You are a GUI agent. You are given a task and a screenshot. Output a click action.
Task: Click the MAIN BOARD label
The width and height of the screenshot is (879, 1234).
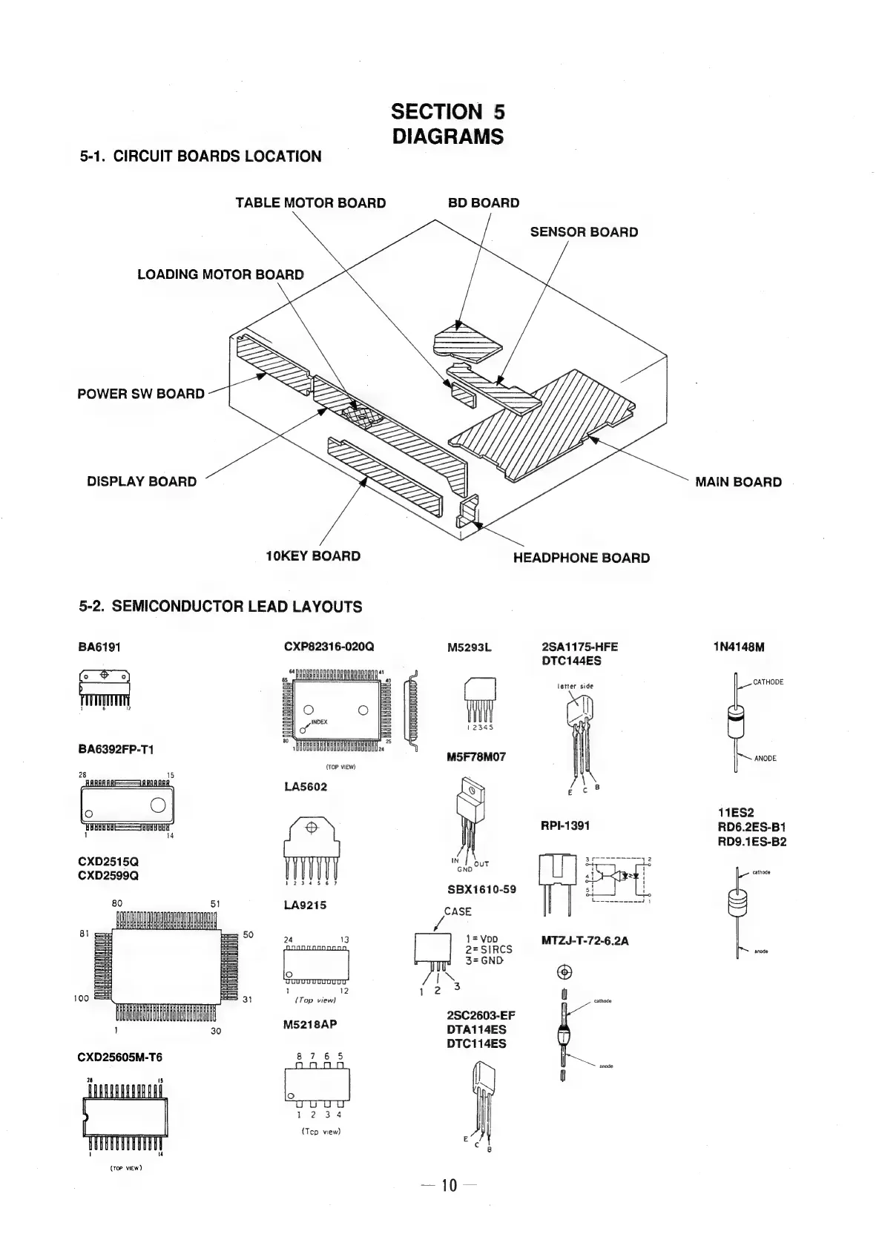click(x=737, y=482)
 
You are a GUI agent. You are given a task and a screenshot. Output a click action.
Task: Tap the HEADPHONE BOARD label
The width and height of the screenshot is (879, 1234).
click(x=581, y=558)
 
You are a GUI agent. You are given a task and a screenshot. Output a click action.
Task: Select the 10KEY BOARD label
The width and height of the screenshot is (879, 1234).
click(x=313, y=556)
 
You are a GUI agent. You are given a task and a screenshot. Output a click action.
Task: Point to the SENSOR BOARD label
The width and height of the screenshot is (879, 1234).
click(x=584, y=232)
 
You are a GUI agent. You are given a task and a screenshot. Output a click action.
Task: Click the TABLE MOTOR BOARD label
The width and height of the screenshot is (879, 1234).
click(x=310, y=203)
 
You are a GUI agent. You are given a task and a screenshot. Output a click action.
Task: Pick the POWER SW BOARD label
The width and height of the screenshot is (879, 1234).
click(x=141, y=394)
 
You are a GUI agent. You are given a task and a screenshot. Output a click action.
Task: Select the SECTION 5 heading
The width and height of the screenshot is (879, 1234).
click(x=448, y=112)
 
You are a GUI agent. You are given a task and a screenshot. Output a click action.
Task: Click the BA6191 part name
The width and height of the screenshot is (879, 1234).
click(x=99, y=647)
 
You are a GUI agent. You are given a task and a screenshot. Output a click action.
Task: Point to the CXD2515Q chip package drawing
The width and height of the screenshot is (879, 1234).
click(x=166, y=965)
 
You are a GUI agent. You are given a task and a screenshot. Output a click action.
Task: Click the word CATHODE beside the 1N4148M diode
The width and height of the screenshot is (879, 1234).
click(x=768, y=682)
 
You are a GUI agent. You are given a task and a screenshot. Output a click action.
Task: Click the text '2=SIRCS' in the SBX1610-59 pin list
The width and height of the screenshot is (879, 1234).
click(x=488, y=949)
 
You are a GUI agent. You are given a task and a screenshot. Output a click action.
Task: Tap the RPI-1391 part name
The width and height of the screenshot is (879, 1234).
click(x=565, y=826)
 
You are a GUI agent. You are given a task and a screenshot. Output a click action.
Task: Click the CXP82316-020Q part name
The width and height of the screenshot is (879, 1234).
click(x=329, y=647)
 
